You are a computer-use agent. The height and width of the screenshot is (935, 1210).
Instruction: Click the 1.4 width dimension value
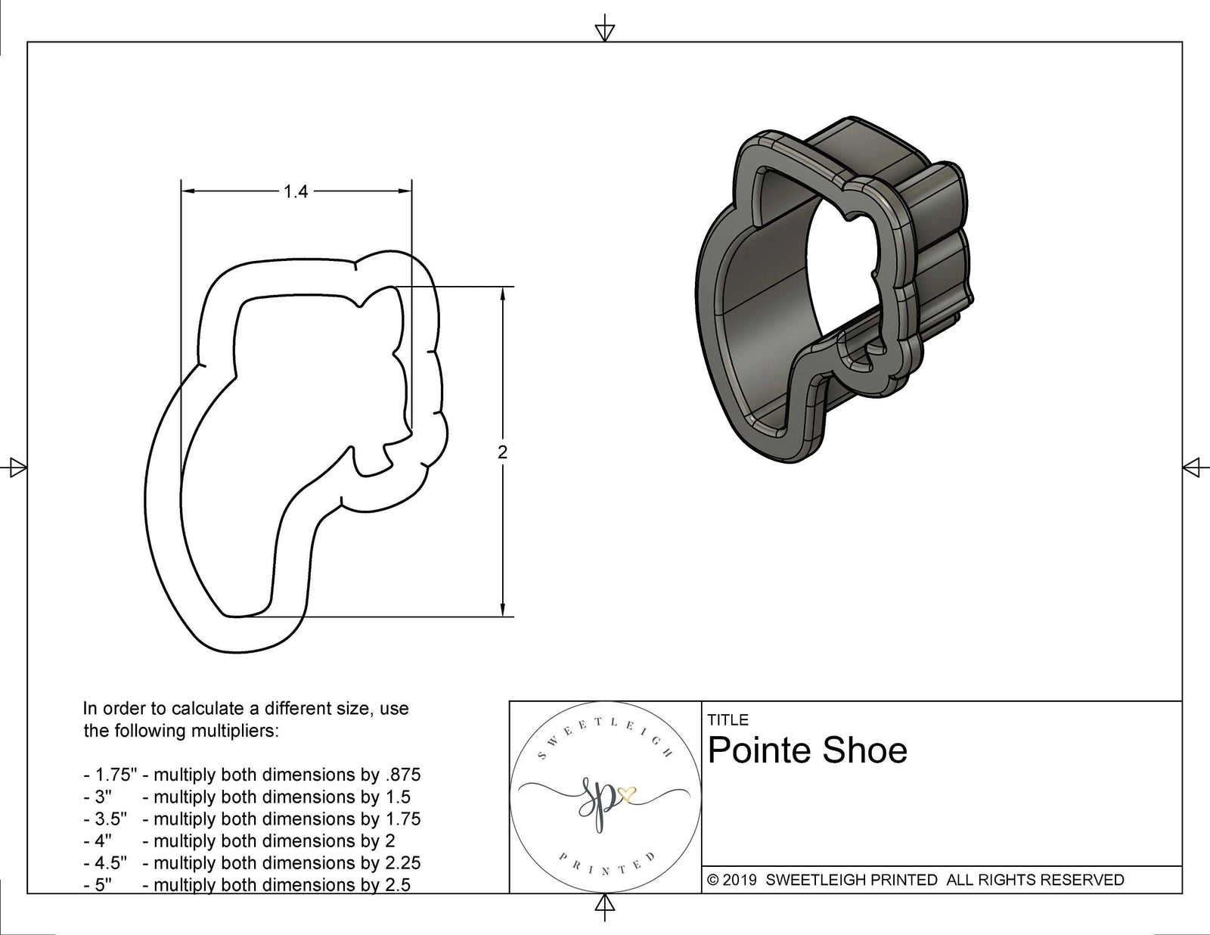point(296,192)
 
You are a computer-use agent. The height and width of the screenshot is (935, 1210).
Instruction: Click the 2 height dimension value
point(503,452)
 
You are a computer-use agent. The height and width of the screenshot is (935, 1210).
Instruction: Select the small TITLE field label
point(728,719)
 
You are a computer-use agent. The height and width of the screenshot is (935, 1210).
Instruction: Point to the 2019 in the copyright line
point(742,880)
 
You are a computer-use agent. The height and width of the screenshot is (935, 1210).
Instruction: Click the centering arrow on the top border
point(604,31)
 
